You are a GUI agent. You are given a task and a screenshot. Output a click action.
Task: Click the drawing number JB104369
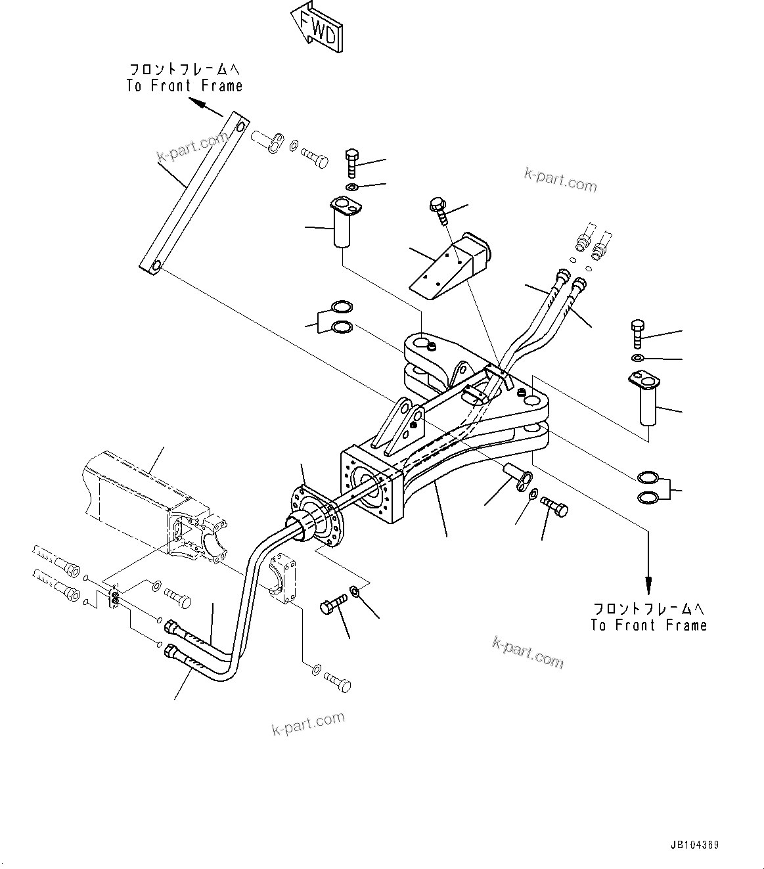coord(694,845)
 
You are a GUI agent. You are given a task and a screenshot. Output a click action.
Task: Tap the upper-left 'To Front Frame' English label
coord(185,86)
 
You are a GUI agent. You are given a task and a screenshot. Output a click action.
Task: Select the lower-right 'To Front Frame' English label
coord(648,625)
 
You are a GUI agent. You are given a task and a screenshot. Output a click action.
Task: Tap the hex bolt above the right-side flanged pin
coord(637,334)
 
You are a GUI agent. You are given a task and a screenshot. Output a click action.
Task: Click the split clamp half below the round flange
coord(283,577)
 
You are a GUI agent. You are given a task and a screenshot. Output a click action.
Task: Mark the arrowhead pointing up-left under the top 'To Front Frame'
coord(195,101)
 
